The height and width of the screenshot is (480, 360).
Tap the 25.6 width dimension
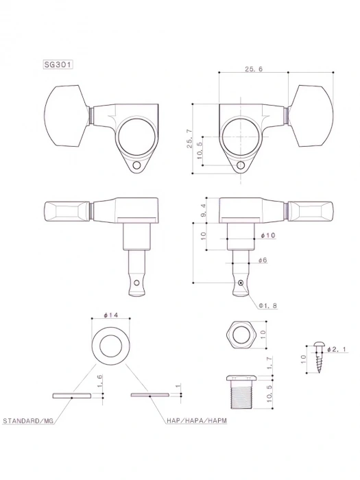(x=252, y=69)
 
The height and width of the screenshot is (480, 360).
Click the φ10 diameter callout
(x=268, y=235)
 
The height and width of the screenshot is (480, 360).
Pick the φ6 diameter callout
(x=263, y=261)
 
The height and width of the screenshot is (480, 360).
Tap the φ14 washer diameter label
(x=112, y=315)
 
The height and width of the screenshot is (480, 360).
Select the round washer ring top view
(x=111, y=343)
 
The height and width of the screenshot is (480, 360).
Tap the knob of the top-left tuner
(x=67, y=117)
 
